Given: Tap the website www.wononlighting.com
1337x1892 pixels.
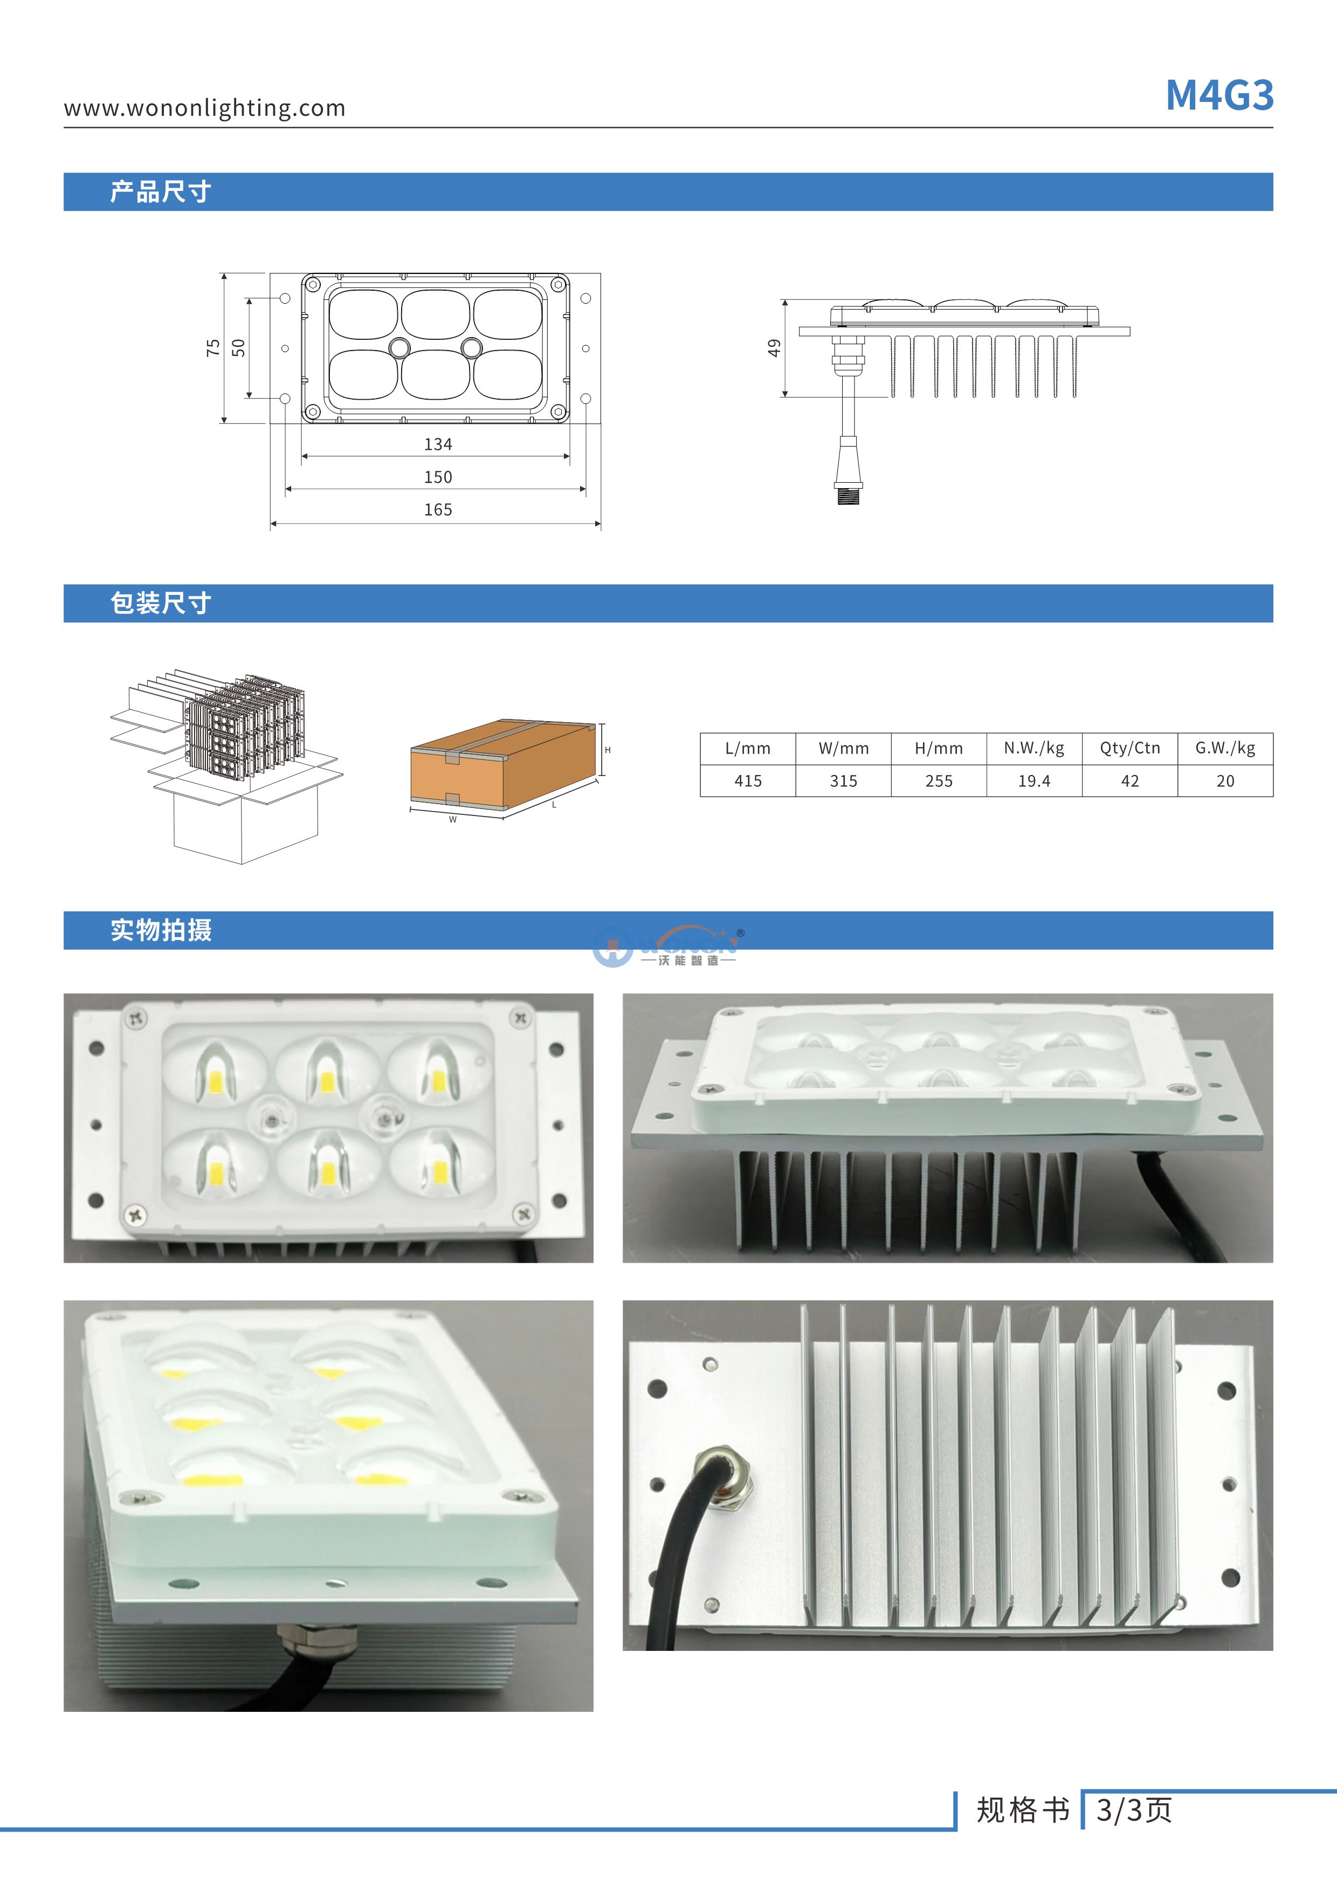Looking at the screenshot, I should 204,108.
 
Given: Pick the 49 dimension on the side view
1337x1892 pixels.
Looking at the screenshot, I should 774,348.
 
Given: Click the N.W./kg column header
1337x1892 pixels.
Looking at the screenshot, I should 1034,748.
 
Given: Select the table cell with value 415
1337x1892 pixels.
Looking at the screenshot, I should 747,780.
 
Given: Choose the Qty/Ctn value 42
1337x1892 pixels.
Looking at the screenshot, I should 1129,780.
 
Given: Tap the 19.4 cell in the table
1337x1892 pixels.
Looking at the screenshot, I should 1034,780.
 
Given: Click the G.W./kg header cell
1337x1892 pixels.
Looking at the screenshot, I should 1225,748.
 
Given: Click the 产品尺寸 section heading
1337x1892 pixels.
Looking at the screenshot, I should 161,192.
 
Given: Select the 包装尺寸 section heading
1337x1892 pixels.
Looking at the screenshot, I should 161,603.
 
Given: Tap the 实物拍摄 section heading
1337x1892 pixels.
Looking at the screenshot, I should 161,930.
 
